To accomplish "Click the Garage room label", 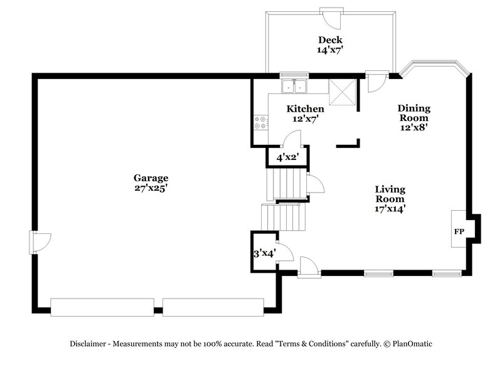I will pyautogui.click(x=150, y=177).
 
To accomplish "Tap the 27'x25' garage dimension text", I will pyautogui.click(x=150, y=187).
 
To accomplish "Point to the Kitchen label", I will pyautogui.click(x=306, y=108).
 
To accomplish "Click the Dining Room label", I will pyautogui.click(x=414, y=113).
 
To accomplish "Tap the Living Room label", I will pyautogui.click(x=390, y=194).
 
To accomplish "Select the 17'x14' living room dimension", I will pyautogui.click(x=390, y=209).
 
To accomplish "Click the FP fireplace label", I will pyautogui.click(x=459, y=231).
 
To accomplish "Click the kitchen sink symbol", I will pyautogui.click(x=294, y=87).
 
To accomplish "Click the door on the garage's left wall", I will pyautogui.click(x=40, y=240).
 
